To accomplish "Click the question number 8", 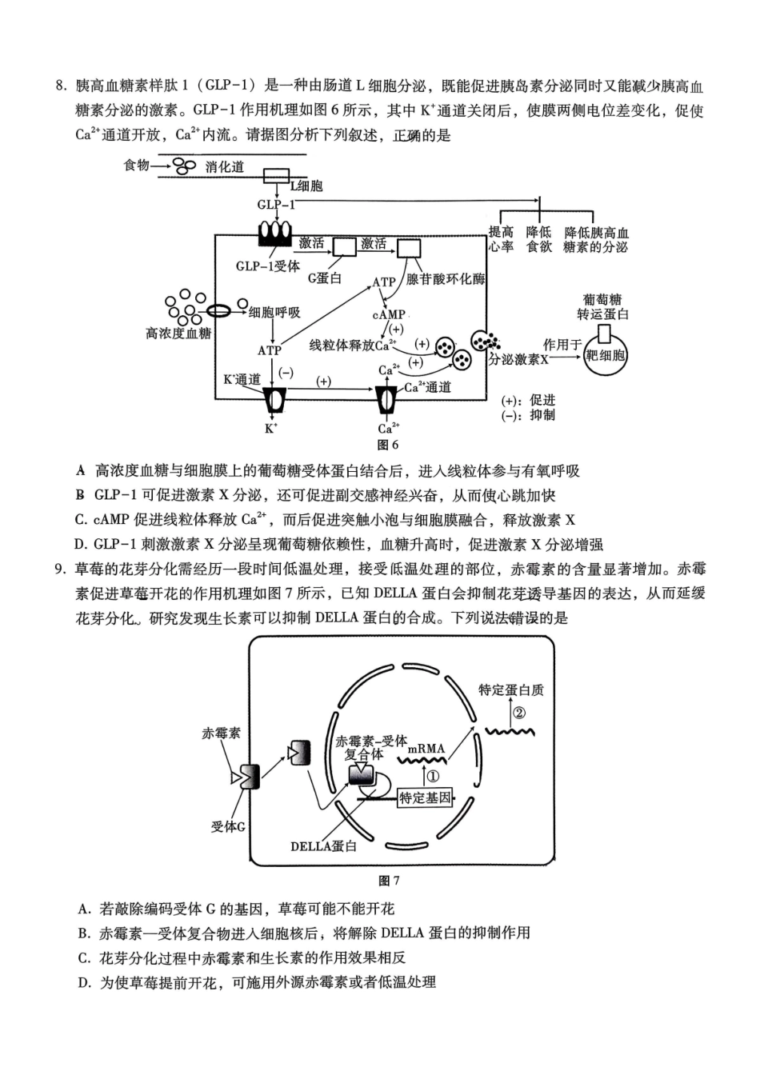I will [60, 86].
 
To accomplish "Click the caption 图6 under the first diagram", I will [387, 445].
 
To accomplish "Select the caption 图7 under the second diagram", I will [388, 881].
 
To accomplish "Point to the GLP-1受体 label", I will [267, 266].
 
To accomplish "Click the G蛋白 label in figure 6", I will [325, 278].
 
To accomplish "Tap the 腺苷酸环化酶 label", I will [446, 279].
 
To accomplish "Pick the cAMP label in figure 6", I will [389, 314].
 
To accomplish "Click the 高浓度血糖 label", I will [178, 333].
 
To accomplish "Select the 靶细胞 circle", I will [606, 355].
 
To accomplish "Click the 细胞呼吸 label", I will [274, 312].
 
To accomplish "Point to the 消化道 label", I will [225, 166].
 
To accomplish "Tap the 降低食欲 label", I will [539, 239].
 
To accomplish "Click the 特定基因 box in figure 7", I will [425, 797].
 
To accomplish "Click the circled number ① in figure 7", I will [433, 776].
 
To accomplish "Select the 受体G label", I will [227, 826].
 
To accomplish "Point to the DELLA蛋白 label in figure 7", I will [324, 845].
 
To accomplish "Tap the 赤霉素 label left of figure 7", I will [222, 732].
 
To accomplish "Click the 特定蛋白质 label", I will [511, 689].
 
